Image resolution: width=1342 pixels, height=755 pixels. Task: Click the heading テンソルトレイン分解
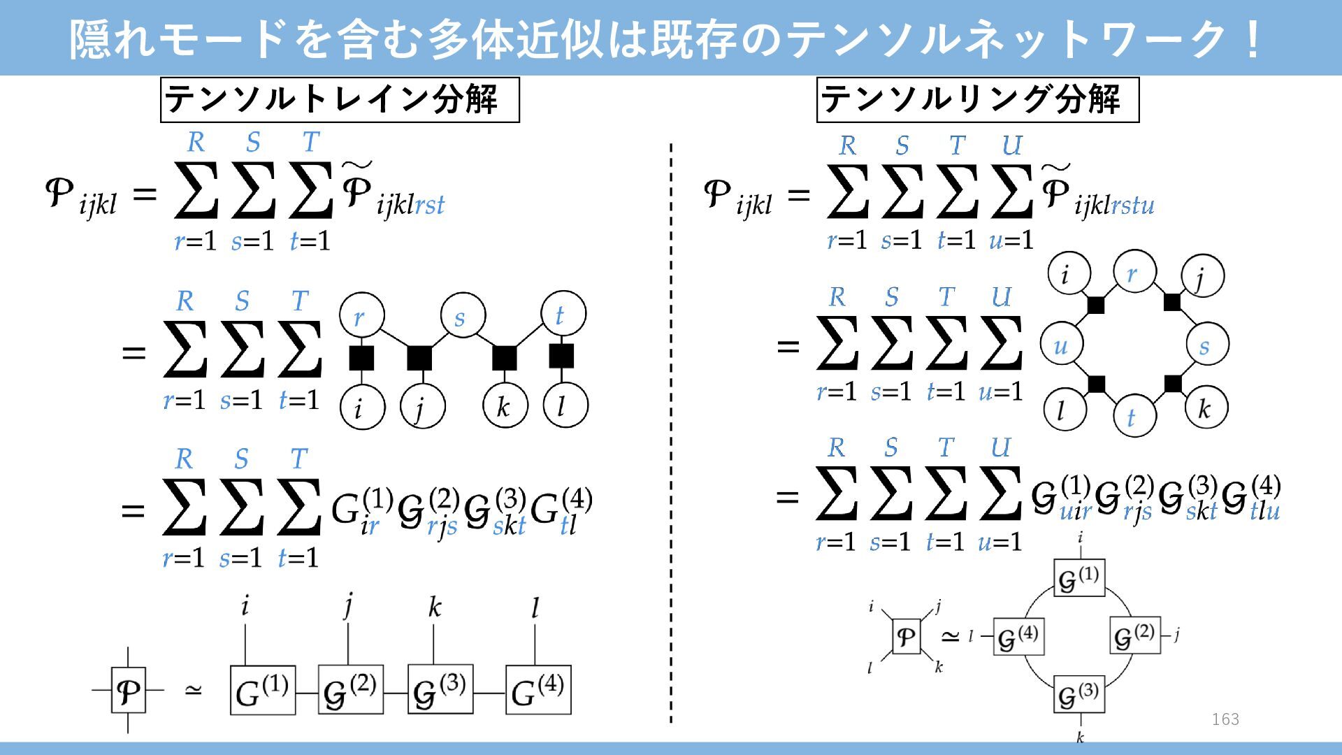tap(340, 100)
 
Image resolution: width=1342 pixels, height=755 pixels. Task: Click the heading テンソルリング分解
tap(977, 100)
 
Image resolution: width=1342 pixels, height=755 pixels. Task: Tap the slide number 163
tap(1225, 719)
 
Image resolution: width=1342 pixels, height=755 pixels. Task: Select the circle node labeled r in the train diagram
tap(361, 316)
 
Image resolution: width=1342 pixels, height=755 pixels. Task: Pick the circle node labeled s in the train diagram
tap(463, 316)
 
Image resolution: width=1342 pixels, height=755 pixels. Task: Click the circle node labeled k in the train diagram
tap(505, 405)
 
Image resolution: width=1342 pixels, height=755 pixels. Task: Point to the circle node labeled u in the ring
tap(1062, 345)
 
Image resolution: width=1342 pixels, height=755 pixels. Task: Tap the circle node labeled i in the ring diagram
tap(1069, 273)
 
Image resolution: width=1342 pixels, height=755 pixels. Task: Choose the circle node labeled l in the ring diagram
tap(1065, 410)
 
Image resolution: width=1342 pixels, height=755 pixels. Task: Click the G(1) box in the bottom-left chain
tap(262, 691)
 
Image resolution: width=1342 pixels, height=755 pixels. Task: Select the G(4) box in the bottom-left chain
tap(537, 691)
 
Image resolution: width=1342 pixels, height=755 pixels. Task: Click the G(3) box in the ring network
tap(1078, 694)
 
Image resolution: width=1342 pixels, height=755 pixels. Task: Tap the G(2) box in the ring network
tap(1134, 635)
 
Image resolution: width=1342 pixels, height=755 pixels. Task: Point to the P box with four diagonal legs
tap(906, 637)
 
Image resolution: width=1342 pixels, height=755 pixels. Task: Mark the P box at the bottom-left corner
tap(129, 691)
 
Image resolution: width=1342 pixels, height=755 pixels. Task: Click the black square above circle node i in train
tap(361, 358)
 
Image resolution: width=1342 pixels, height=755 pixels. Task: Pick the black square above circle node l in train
tap(561, 356)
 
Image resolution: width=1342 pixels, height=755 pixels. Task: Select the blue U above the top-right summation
tap(1011, 145)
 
